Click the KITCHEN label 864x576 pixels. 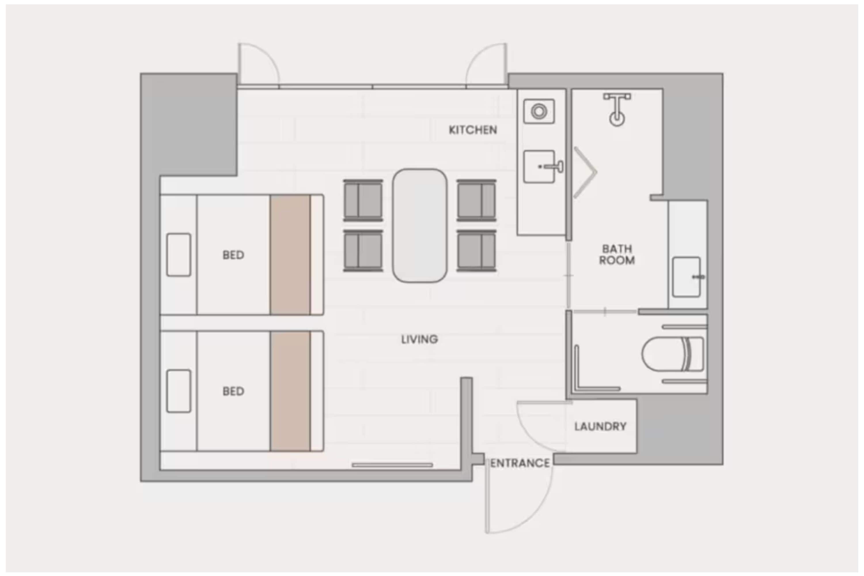(473, 130)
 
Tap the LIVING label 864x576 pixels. (419, 339)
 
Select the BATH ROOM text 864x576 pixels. (617, 255)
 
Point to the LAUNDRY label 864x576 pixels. (600, 427)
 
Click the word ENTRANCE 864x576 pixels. (520, 463)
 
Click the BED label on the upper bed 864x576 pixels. (233, 255)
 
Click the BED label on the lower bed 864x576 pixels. (233, 391)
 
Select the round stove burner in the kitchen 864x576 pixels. (539, 111)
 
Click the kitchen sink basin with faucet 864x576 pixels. (539, 166)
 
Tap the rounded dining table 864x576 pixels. (420, 226)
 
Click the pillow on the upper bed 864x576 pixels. (179, 255)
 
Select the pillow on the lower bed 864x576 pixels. (179, 391)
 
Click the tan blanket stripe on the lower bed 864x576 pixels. (290, 391)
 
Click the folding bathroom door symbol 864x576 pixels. (585, 172)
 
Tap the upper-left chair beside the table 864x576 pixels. (363, 200)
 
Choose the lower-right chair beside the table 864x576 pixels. (476, 251)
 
